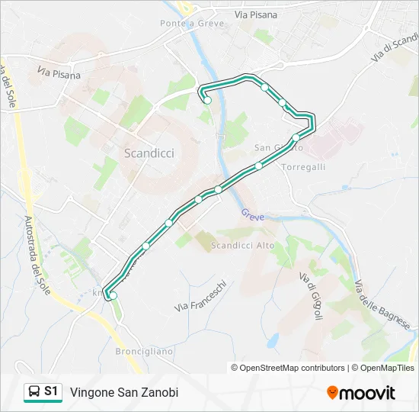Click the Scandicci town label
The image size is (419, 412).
[149, 153]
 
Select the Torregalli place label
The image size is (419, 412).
[303, 166]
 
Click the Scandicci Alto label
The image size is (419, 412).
[242, 245]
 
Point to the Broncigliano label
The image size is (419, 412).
[144, 352]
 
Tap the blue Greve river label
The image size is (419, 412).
[253, 217]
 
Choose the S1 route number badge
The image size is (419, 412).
[51, 391]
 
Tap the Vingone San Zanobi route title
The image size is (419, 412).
[124, 392]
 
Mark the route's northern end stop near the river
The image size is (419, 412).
[206, 100]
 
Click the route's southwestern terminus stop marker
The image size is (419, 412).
[114, 295]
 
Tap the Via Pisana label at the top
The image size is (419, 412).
[256, 14]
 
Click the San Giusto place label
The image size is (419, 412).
[273, 147]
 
